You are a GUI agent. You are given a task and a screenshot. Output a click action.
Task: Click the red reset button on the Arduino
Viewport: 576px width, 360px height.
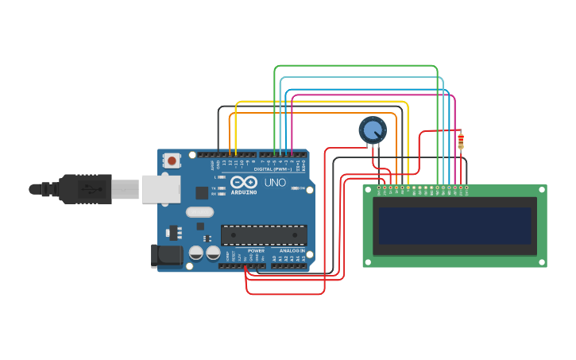pos(172,161)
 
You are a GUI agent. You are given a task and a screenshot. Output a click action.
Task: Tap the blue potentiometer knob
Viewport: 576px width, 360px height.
pos(372,130)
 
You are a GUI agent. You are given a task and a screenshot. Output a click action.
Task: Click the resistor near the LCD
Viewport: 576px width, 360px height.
pos(461,141)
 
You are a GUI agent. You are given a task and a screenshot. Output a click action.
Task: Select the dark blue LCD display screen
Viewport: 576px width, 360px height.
pos(454,226)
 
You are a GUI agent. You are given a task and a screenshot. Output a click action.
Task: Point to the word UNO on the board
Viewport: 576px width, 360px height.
pos(275,182)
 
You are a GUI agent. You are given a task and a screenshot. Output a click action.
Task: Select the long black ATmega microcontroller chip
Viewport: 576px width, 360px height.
pos(264,234)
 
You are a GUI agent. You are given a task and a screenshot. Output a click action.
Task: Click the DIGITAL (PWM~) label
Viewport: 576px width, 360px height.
pos(269,169)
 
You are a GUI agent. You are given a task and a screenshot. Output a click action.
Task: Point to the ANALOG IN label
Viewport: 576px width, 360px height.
pos(291,250)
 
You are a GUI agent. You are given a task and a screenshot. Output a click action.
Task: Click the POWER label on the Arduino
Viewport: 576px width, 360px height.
pos(256,250)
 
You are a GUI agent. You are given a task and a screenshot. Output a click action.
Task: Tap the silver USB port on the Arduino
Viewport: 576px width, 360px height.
pos(160,189)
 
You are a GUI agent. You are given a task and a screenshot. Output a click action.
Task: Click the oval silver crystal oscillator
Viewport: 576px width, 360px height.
pos(200,212)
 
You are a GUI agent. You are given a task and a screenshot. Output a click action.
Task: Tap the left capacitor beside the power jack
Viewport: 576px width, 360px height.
pos(196,254)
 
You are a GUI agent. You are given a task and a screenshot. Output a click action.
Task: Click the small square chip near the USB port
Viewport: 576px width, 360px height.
pos(202,192)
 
